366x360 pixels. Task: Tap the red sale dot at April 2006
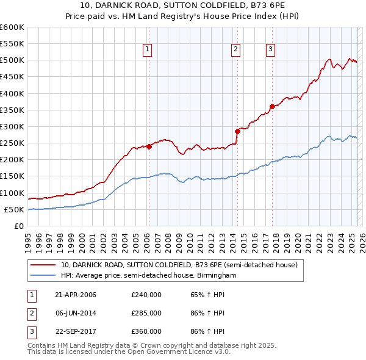click(149, 146)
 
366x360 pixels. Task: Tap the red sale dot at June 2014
click(237, 131)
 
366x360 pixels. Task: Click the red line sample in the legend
click(44, 265)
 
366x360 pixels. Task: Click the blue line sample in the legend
click(44, 276)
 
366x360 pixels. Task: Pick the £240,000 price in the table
click(146, 295)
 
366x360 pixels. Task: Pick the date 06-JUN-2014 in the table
click(76, 313)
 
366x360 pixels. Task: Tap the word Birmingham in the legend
click(217, 276)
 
